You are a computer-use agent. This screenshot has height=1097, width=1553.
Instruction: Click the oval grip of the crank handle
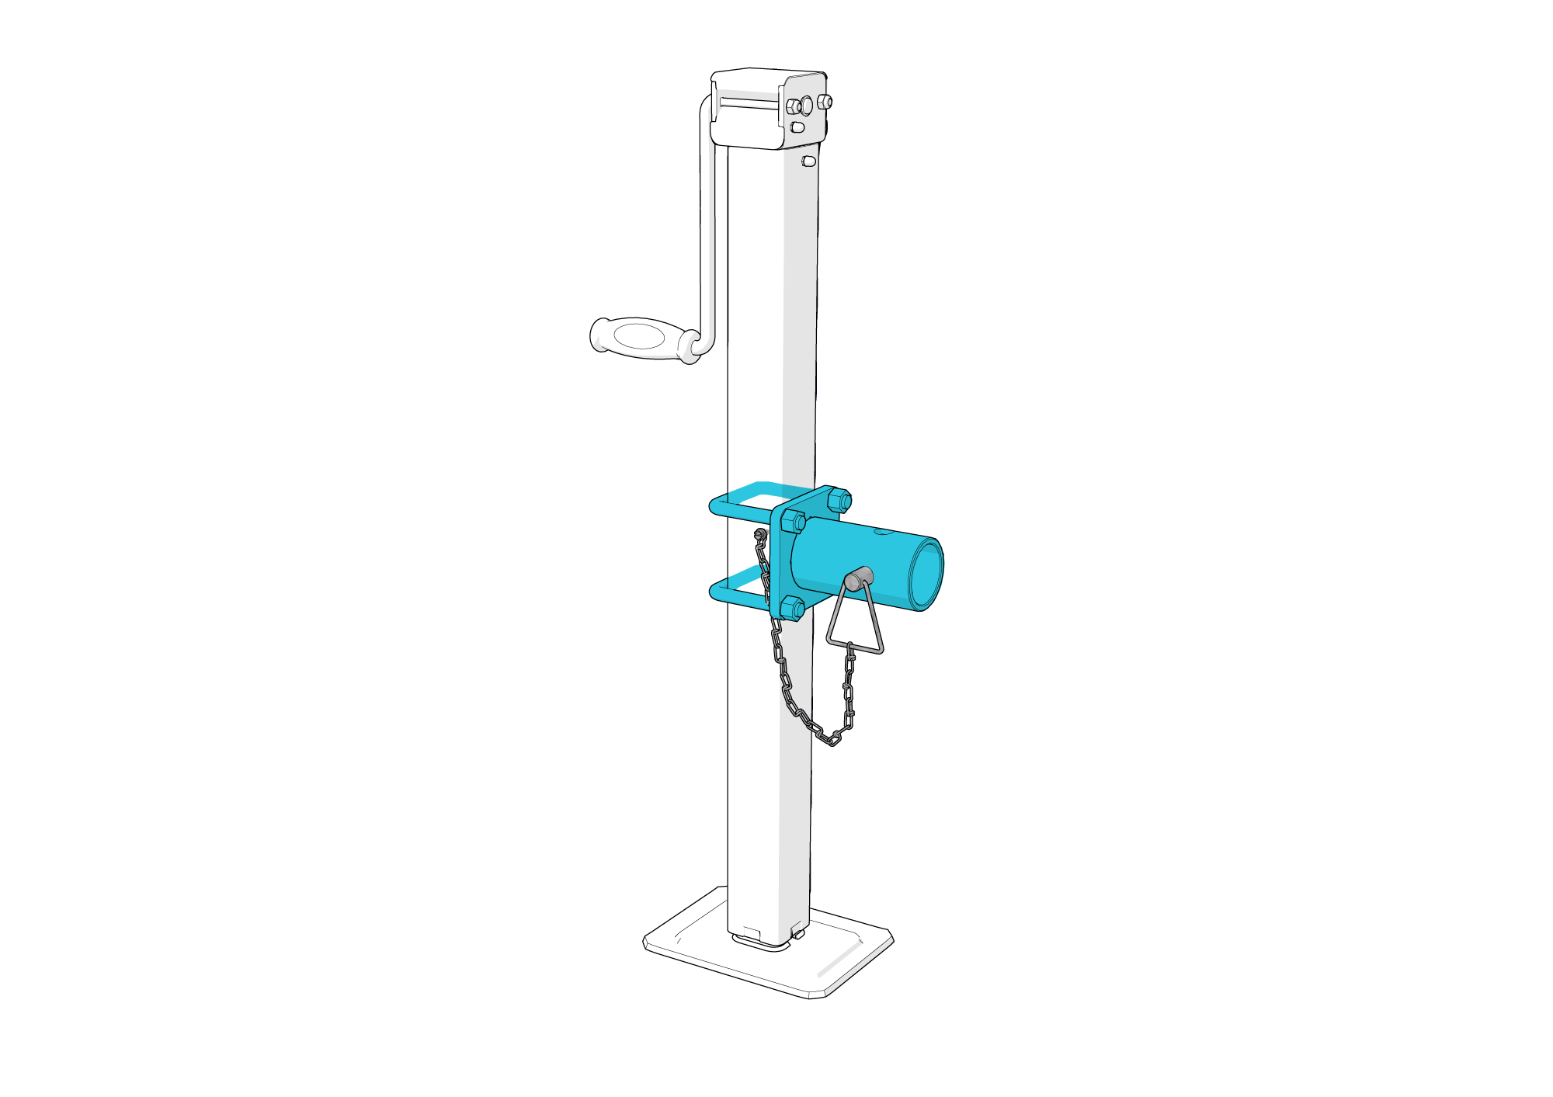(638, 337)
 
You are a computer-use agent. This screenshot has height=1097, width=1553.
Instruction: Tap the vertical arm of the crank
(707, 233)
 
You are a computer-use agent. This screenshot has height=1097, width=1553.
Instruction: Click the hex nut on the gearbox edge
(825, 101)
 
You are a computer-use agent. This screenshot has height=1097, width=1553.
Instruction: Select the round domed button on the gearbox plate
(807, 104)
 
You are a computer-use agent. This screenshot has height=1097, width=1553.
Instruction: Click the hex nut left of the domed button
(793, 106)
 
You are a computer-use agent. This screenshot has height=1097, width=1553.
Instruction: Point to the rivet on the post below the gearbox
(808, 161)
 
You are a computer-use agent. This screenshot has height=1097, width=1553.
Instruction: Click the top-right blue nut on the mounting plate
(839, 500)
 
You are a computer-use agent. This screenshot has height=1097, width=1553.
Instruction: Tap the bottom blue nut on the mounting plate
(791, 608)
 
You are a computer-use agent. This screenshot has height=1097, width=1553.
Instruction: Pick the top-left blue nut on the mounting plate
(793, 521)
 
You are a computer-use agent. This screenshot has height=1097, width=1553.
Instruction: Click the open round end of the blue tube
(927, 575)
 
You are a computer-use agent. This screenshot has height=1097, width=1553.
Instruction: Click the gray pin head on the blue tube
(857, 579)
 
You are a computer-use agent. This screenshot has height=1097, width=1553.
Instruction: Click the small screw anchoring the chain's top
(760, 533)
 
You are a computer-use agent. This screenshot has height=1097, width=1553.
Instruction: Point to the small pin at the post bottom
(797, 934)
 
